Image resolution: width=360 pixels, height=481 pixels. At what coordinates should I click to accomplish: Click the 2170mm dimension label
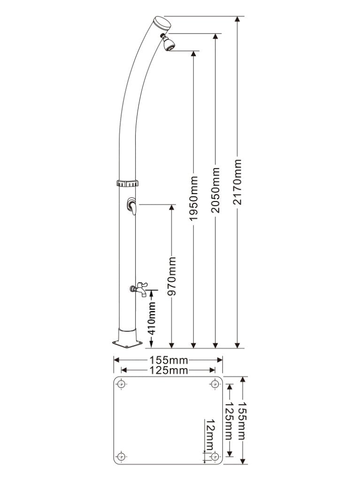(238, 182)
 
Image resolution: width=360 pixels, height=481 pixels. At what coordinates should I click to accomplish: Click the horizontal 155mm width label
(169, 361)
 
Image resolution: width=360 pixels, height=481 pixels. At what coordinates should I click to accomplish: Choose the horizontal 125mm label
(169, 371)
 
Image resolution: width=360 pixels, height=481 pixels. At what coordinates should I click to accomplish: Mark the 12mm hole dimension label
(209, 434)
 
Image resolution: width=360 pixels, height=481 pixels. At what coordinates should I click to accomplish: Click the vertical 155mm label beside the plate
(243, 420)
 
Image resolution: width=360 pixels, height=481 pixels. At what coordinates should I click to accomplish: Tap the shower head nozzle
(169, 45)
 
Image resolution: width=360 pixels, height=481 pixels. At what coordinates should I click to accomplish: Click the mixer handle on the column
(132, 206)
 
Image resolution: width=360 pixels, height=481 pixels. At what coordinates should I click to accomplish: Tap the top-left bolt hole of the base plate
(122, 384)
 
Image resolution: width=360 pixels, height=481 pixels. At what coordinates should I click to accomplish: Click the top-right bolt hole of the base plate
(215, 384)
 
